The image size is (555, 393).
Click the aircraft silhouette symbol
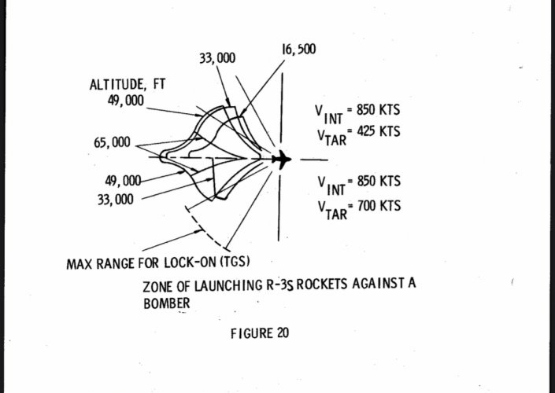[x=281, y=160]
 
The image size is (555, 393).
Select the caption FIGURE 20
[x=259, y=332]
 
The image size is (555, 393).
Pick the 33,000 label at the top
[x=219, y=58]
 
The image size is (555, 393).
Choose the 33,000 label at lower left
[x=115, y=199]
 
